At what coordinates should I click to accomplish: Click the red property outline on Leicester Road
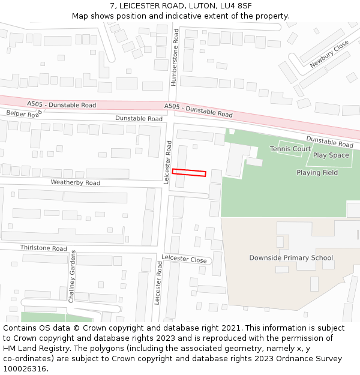click(189, 173)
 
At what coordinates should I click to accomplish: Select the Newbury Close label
click(329, 55)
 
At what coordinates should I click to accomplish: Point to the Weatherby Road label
click(75, 182)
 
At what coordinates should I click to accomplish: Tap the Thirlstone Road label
click(43, 248)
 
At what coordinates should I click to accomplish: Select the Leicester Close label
click(184, 259)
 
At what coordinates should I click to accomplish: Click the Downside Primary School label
click(291, 258)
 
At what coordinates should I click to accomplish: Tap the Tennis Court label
click(290, 149)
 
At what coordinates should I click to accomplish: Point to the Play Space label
click(331, 155)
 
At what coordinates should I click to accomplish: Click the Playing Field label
click(317, 173)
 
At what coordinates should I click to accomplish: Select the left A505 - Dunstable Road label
click(61, 105)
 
